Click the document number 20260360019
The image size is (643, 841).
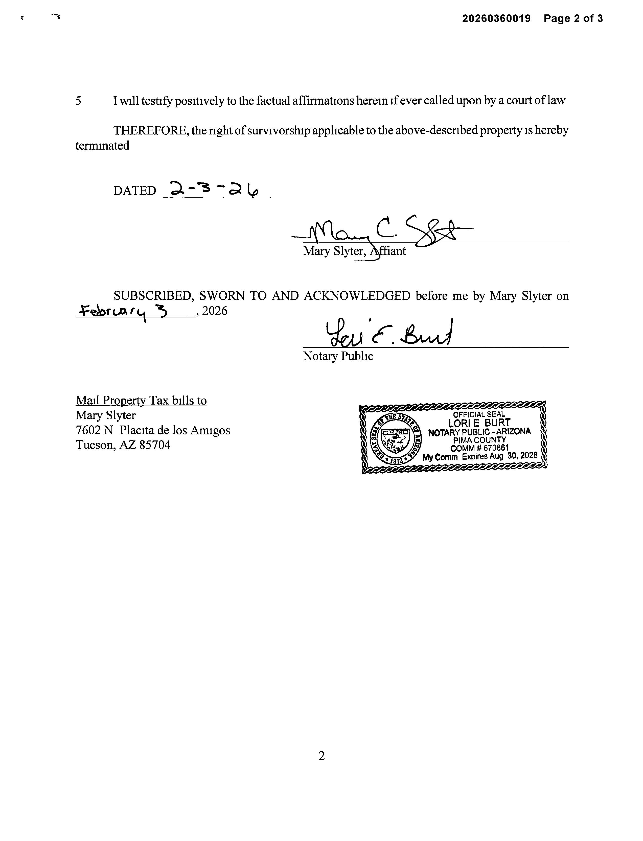pyautogui.click(x=496, y=18)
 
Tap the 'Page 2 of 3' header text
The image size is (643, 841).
pyautogui.click(x=573, y=18)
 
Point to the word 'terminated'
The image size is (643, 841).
pyautogui.click(x=102, y=146)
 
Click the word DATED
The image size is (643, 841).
pyautogui.click(x=134, y=191)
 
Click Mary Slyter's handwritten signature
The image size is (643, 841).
pyautogui.click(x=383, y=231)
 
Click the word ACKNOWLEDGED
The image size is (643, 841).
pyautogui.click(x=357, y=296)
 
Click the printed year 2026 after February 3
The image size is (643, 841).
pyautogui.click(x=215, y=311)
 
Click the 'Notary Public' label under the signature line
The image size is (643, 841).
pyautogui.click(x=338, y=356)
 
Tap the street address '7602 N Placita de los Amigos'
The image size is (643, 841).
pyautogui.click(x=153, y=430)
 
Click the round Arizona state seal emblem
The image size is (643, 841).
pyautogui.click(x=396, y=438)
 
